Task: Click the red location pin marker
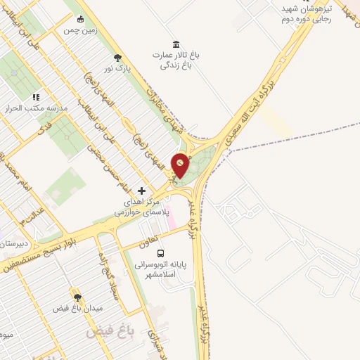coord(181,166)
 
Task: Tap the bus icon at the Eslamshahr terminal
coord(161,252)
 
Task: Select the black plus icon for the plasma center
coord(142,191)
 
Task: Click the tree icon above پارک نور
coord(117,58)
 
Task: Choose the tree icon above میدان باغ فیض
coord(77,297)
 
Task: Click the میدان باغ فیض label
coord(79,309)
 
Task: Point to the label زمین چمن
coord(81,32)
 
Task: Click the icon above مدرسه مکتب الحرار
coord(36,96)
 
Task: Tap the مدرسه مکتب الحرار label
coord(35,108)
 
